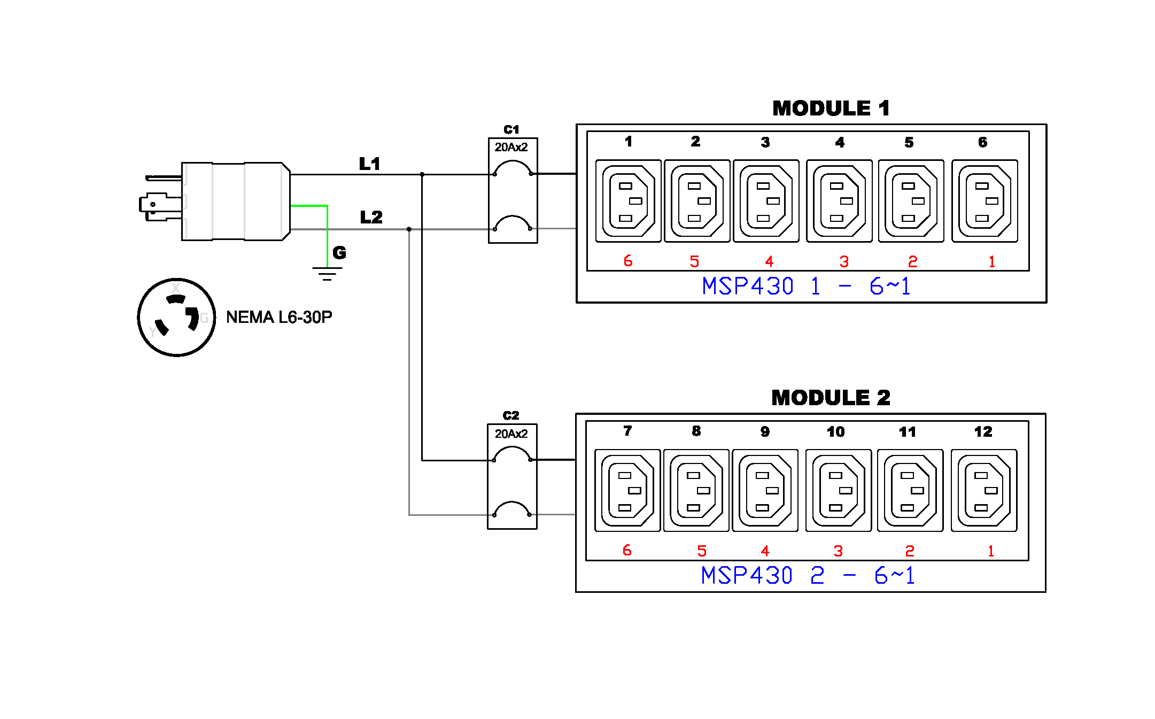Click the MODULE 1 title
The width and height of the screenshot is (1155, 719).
point(831,109)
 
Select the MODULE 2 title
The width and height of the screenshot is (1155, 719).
point(831,398)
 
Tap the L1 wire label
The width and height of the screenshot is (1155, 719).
point(370,164)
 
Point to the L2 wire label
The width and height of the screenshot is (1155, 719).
point(371,217)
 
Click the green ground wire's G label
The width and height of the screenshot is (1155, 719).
point(339,252)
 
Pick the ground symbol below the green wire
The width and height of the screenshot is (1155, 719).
point(327,274)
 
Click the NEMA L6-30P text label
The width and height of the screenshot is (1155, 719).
point(279,317)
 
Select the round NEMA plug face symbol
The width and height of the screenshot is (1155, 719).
point(177,317)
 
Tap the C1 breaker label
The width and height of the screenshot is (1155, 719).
point(511,129)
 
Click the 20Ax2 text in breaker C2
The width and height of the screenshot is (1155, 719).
point(511,434)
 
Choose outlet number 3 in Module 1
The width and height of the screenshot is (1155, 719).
point(766,201)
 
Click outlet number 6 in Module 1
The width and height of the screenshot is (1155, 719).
point(985,201)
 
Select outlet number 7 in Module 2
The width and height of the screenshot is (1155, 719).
point(627,490)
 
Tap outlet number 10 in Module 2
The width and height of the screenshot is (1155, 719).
point(839,490)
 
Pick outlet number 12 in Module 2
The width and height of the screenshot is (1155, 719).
point(984,490)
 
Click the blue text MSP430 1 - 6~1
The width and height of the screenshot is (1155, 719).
point(807,287)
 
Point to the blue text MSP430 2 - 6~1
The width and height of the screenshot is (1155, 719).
point(808,576)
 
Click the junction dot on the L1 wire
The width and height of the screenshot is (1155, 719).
point(422,174)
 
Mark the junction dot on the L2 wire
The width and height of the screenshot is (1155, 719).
point(409,229)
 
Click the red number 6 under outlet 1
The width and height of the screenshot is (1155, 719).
point(628,261)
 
